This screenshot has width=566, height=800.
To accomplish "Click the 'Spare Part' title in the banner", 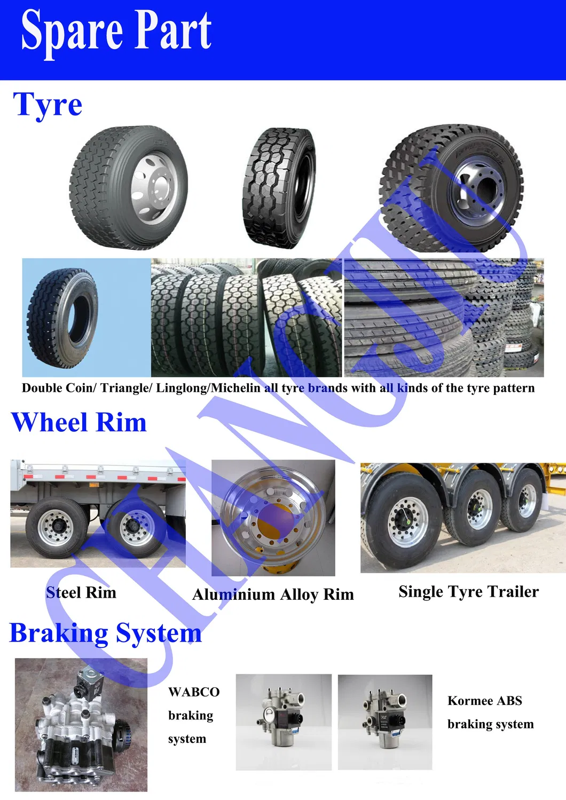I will [116, 31].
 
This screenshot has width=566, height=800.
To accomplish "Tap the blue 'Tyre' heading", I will [48, 104].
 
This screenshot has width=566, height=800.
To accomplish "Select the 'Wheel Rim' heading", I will [78, 422].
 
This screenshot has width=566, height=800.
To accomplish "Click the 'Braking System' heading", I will [106, 633].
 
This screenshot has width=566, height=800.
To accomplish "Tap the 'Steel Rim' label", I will [81, 592].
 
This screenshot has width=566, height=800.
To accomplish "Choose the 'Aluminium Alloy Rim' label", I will [273, 595].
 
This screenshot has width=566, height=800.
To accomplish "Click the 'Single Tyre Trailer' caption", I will [468, 591].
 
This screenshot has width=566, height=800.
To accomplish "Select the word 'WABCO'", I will [194, 692].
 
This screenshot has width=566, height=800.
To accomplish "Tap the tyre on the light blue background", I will [63, 318].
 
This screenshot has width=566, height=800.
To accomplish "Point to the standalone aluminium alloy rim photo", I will [273, 518].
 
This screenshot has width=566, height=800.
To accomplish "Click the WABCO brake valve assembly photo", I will [81, 725].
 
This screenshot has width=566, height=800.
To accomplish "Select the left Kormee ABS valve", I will [284, 721].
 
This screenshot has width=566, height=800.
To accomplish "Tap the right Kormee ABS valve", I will [385, 721].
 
